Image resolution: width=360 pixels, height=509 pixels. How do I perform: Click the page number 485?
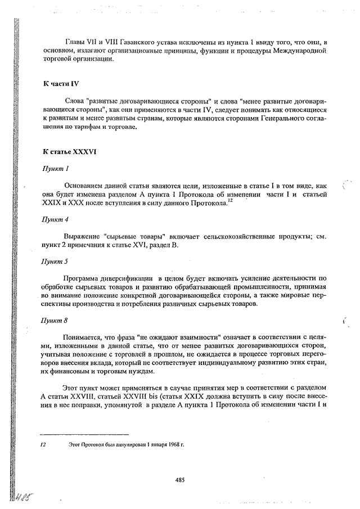[x=180, y=480]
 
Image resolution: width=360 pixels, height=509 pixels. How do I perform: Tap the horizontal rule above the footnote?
[x=84, y=434]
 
